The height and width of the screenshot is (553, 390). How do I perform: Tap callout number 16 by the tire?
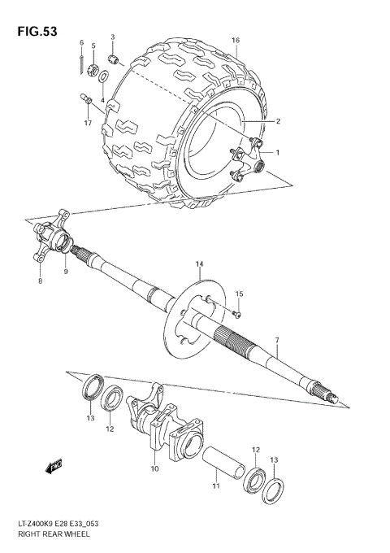[236, 40]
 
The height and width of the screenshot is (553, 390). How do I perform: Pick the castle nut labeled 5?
[94, 68]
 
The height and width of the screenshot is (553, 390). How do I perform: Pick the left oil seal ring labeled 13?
[92, 385]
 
